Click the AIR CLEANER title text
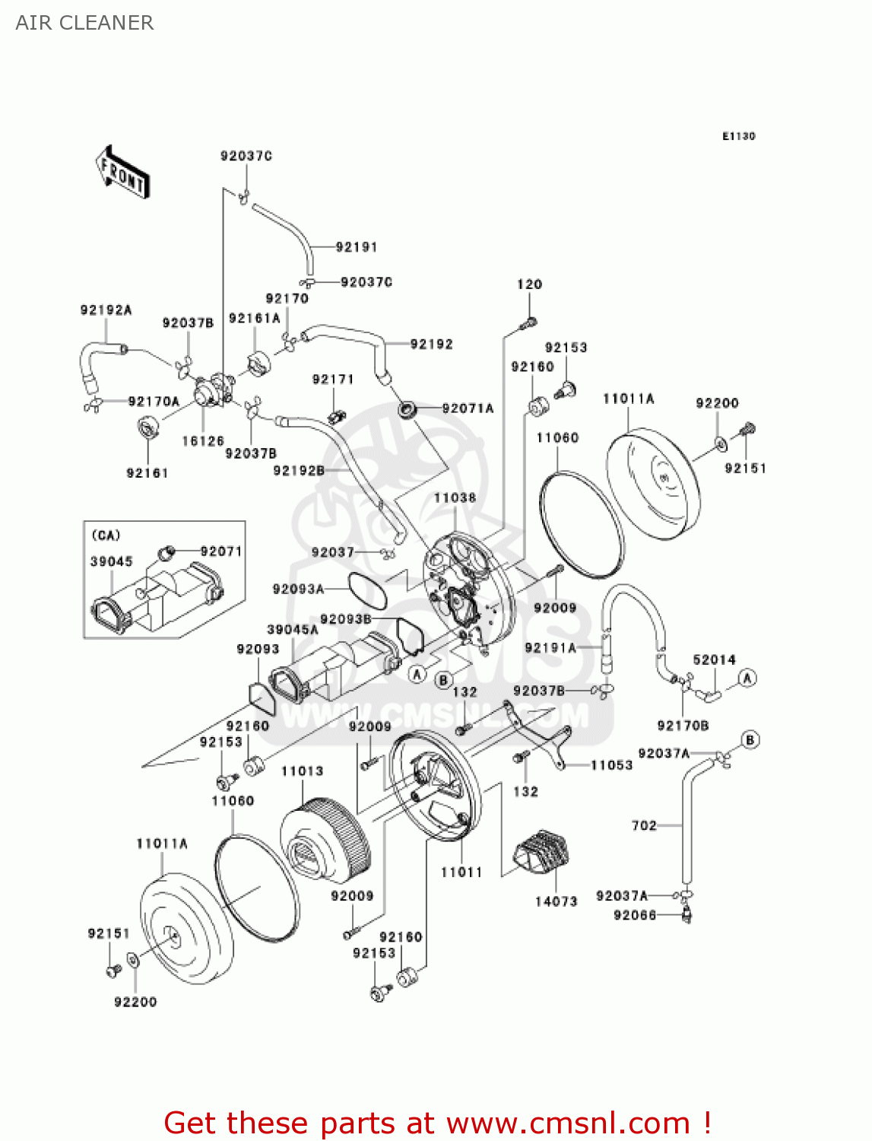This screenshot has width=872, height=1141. pos(84,23)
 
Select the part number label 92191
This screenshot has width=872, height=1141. pos(357,247)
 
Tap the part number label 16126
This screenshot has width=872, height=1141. pos(203,441)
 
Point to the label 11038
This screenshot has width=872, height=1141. pos(455,498)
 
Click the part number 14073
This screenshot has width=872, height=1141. pos(556,901)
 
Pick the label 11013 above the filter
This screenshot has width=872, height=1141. pos(302,771)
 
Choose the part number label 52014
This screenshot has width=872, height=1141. pos(714,660)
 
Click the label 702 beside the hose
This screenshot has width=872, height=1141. pos(644,825)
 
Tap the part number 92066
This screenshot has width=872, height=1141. pos(635,915)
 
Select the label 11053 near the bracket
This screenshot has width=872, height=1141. pos(612,765)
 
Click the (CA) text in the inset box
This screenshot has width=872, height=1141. pos(106,535)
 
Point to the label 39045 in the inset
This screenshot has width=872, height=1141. pos(111,561)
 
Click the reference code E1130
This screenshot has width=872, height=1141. pos(738,136)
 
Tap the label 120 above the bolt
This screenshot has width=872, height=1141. pos(529,284)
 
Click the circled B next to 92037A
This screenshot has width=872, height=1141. pos(750,739)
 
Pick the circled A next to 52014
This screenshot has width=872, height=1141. pos(747,678)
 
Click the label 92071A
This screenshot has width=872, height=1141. pos(468,408)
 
